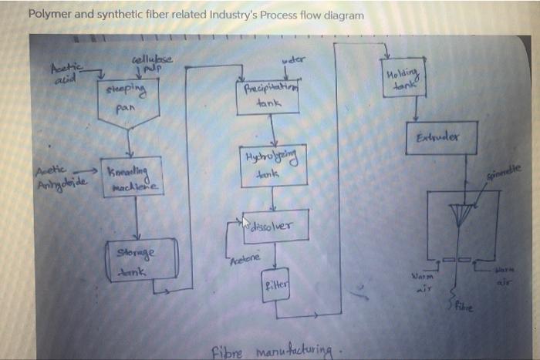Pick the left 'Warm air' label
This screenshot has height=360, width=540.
425,278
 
